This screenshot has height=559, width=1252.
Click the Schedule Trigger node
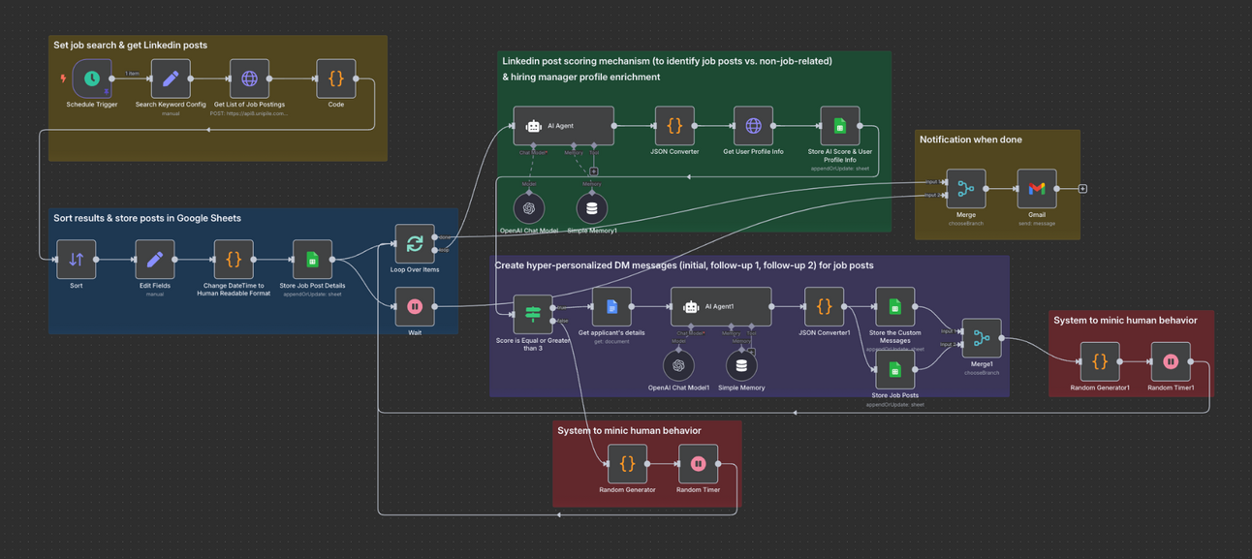tap(92, 78)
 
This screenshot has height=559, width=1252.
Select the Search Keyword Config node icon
tap(171, 78)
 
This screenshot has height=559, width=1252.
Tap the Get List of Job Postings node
tap(249, 78)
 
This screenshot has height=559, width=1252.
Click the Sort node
tap(77, 260)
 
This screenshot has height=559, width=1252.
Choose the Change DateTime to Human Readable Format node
tap(234, 260)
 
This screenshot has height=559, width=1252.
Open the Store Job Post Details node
tap(312, 260)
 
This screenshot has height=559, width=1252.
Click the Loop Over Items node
tap(415, 243)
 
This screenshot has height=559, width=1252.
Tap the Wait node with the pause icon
tap(415, 307)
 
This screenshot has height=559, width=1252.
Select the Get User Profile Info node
tap(753, 126)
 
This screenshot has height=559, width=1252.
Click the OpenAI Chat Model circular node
tap(529, 207)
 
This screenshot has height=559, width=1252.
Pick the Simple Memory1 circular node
tap(592, 207)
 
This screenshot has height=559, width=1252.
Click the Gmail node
tap(1037, 189)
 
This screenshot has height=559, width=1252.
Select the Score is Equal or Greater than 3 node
tap(533, 314)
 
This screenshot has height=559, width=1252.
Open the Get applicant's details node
tap(611, 307)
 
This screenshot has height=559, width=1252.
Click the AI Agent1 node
tap(721, 307)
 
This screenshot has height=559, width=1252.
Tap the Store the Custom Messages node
tap(894, 307)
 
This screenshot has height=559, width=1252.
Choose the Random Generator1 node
tap(1100, 361)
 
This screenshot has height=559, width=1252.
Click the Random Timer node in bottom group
tap(698, 464)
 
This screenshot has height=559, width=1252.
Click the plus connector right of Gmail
tap(1082, 189)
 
